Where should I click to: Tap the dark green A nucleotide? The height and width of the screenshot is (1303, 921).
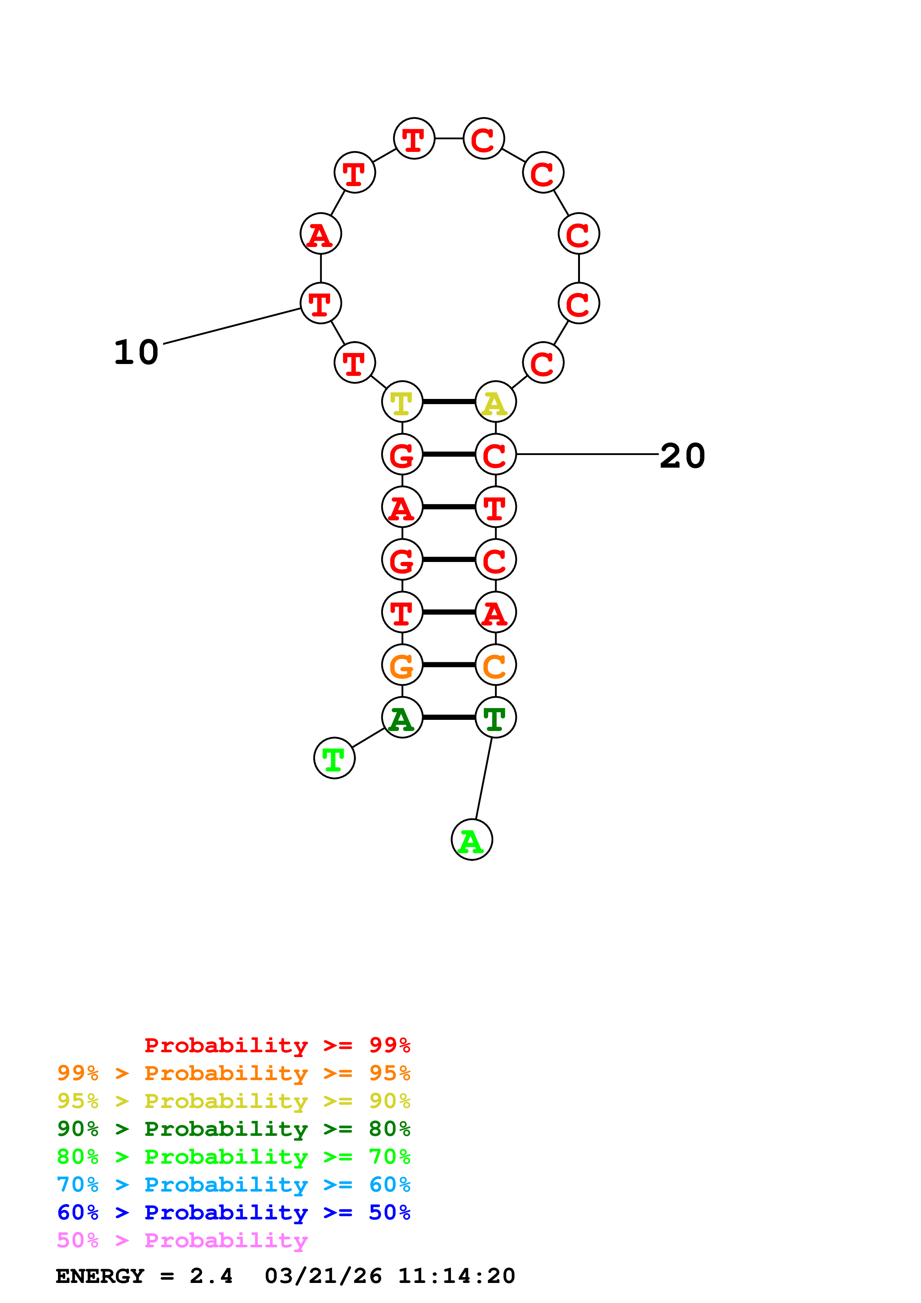pos(402,718)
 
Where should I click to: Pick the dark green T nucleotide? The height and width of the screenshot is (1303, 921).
pos(495,718)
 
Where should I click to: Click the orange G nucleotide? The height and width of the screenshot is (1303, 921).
pos(402,665)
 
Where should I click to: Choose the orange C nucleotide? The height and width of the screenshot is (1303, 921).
pos(495,665)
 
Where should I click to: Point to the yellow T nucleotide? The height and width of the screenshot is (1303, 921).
pos(402,402)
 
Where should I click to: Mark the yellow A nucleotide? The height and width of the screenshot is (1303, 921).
pos(495,402)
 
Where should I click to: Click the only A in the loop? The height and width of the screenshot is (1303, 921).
pos(321,234)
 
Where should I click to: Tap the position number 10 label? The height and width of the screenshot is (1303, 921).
pos(136,352)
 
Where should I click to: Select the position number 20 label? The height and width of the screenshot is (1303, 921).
pos(682,456)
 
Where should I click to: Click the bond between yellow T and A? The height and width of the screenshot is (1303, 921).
pos(449,402)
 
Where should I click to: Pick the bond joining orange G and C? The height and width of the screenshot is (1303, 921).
pos(449,665)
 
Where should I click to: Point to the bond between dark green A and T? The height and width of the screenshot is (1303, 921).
pos(449,717)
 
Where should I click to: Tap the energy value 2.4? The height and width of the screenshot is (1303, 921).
pos(211,1276)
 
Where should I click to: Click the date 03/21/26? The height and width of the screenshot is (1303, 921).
pos(323,1276)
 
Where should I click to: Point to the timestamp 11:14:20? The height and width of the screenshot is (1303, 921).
pos(456,1276)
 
